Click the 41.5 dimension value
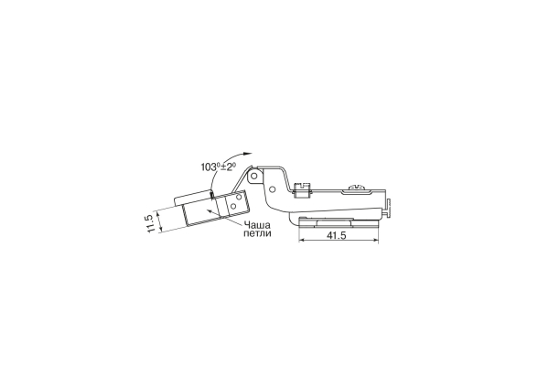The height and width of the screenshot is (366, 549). pyautogui.click(x=336, y=235)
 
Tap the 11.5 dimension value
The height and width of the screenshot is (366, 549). pyautogui.click(x=149, y=223)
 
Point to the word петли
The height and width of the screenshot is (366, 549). pyautogui.click(x=257, y=233)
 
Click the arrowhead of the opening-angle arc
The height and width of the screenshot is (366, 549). pyautogui.click(x=248, y=154)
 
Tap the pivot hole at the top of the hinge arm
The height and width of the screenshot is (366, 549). pyautogui.click(x=254, y=176)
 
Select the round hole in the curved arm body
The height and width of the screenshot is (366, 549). pyautogui.click(x=272, y=189)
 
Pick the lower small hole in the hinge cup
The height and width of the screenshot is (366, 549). pyautogui.click(x=232, y=207)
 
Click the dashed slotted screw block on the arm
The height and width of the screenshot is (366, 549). pyautogui.click(x=301, y=189)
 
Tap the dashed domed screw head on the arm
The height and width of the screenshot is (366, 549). pyautogui.click(x=357, y=188)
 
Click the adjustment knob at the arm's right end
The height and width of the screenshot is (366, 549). pyautogui.click(x=388, y=209)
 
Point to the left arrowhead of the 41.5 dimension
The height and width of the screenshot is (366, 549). pyautogui.click(x=302, y=241)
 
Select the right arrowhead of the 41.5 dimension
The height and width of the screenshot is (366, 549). pyautogui.click(x=375, y=241)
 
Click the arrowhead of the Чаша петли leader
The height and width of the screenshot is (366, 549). pyautogui.click(x=209, y=210)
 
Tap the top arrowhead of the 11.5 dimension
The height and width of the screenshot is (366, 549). pyautogui.click(x=157, y=213)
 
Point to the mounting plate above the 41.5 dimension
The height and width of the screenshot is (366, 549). pyautogui.click(x=339, y=222)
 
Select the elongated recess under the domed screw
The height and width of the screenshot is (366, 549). pyautogui.click(x=357, y=191)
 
